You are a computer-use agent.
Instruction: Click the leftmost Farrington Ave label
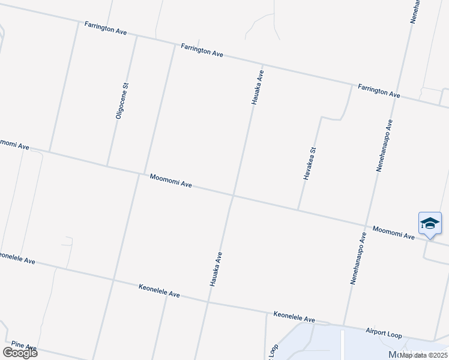(x=106, y=28)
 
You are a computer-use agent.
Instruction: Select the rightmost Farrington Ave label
(x=379, y=91)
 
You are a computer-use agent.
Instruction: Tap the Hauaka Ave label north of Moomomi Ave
(x=258, y=88)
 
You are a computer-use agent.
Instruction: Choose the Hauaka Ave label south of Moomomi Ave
(x=216, y=268)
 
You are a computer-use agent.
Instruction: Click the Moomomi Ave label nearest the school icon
(x=393, y=233)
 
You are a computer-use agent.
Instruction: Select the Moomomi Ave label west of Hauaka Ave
(x=171, y=181)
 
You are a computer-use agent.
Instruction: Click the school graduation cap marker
(x=430, y=224)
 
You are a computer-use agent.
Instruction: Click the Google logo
(x=20, y=353)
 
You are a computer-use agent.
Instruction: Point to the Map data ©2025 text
(x=423, y=355)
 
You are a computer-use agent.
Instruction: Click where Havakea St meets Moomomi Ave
(x=298, y=209)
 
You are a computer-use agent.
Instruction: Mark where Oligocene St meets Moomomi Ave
(x=107, y=166)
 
